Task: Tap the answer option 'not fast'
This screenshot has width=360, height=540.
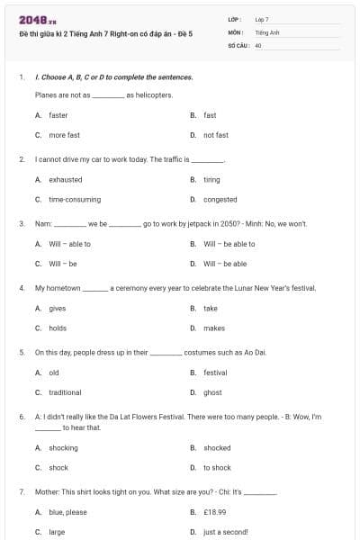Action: click(215, 135)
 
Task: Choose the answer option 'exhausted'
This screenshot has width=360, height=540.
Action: click(65, 179)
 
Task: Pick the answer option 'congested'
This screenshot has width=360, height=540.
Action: click(220, 199)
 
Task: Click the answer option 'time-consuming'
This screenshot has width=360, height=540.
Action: click(75, 199)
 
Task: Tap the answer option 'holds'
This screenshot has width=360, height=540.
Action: click(58, 328)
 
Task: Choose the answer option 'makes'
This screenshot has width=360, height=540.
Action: click(213, 328)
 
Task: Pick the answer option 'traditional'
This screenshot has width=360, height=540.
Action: click(65, 392)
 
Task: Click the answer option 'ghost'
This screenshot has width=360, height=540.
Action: click(212, 392)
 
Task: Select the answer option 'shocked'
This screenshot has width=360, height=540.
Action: click(217, 447)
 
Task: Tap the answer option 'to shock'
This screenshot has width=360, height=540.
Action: click(217, 467)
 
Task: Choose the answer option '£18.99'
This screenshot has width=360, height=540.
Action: click(213, 512)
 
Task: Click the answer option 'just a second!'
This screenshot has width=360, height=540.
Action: click(225, 532)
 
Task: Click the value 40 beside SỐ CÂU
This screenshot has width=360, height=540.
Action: click(258, 44)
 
